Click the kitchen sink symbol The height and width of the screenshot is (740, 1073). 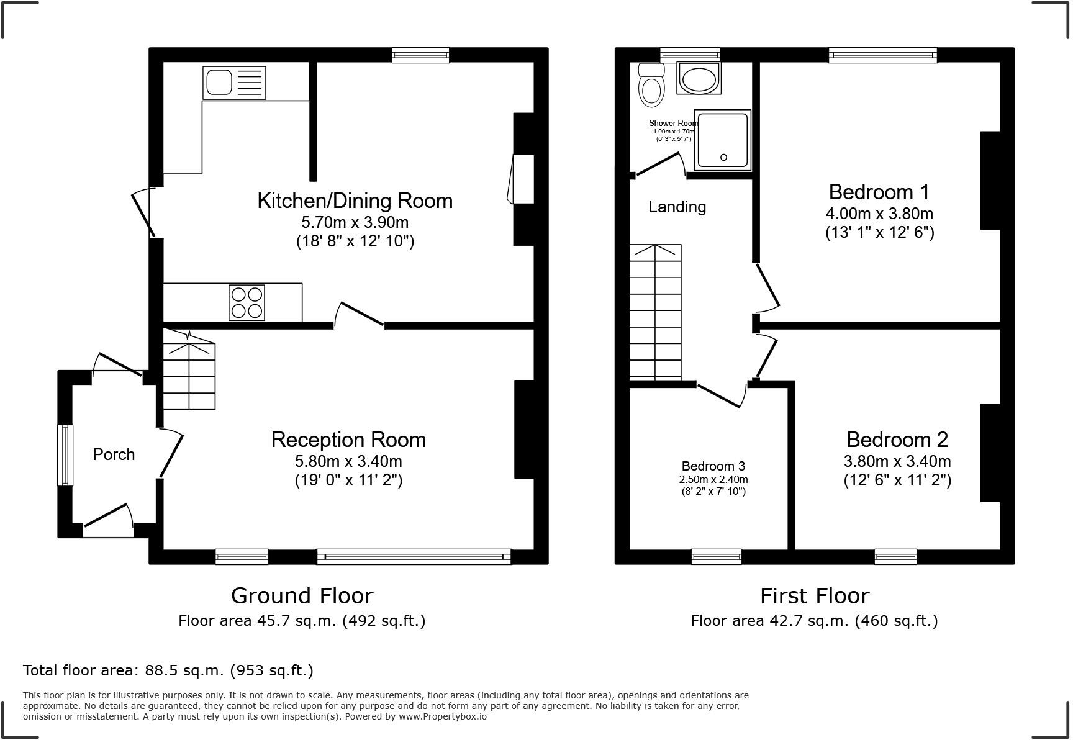click(234, 83)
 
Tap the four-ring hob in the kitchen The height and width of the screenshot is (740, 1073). click(247, 302)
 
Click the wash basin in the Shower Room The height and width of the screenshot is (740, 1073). click(699, 78)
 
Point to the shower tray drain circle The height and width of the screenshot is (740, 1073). click(723, 158)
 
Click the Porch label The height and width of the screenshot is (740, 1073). click(114, 454)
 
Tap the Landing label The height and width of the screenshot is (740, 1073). click(677, 207)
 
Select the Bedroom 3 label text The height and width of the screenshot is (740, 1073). click(713, 466)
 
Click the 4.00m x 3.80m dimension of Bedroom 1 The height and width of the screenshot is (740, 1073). click(879, 214)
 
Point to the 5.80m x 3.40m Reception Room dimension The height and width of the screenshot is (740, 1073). click(348, 461)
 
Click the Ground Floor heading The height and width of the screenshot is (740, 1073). click(302, 595)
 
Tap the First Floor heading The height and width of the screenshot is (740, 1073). click(814, 595)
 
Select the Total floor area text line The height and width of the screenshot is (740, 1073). click(168, 670)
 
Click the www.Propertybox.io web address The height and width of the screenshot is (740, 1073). click(442, 716)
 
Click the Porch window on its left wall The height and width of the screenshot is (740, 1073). click(65, 455)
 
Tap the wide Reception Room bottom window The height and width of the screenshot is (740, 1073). click(414, 556)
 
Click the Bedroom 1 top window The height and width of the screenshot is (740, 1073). click(882, 55)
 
